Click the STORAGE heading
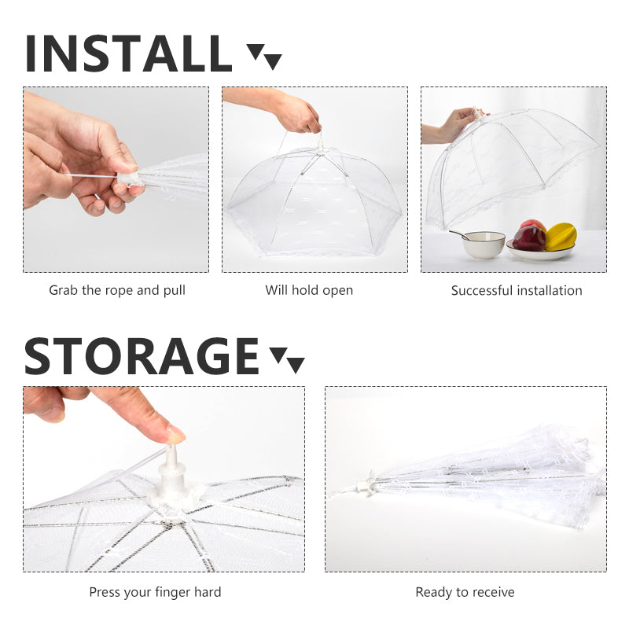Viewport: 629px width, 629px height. tap(142, 356)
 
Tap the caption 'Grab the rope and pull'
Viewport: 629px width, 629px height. tap(117, 290)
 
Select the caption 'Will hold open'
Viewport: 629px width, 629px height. tap(309, 290)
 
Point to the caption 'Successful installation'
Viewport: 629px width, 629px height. tap(517, 290)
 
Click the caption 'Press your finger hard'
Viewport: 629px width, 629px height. tap(155, 592)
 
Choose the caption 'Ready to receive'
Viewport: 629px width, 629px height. tap(465, 592)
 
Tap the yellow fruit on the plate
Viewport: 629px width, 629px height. tap(561, 235)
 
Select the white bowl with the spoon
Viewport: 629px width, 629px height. tap(484, 245)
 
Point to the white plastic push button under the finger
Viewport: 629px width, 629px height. tap(172, 470)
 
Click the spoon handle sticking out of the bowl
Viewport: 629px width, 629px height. tap(459, 234)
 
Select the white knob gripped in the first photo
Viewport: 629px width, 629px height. tap(129, 182)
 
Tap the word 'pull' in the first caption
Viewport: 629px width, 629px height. tap(175, 290)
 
